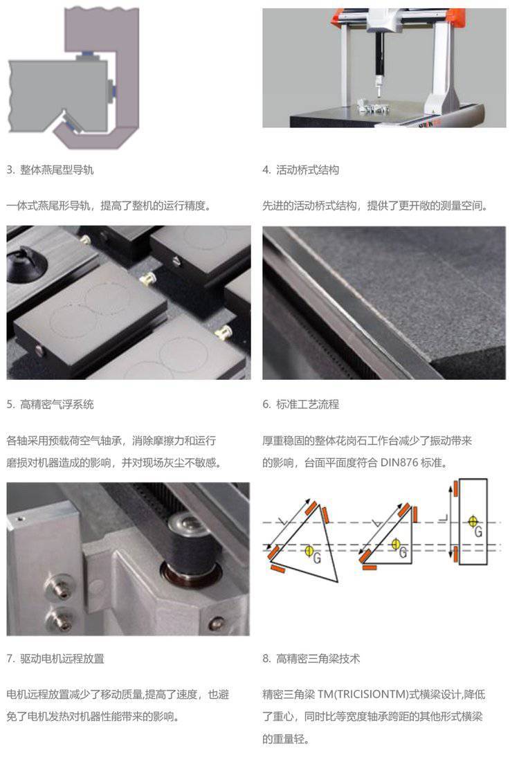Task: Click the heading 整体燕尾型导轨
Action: click(57, 170)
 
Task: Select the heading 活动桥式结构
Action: click(307, 170)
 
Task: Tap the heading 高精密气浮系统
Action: click(57, 404)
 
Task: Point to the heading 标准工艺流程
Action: click(307, 404)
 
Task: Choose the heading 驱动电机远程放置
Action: click(62, 659)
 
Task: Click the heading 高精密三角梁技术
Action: click(318, 659)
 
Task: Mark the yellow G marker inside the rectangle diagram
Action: click(472, 521)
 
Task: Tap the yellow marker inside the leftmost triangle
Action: click(309, 551)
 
